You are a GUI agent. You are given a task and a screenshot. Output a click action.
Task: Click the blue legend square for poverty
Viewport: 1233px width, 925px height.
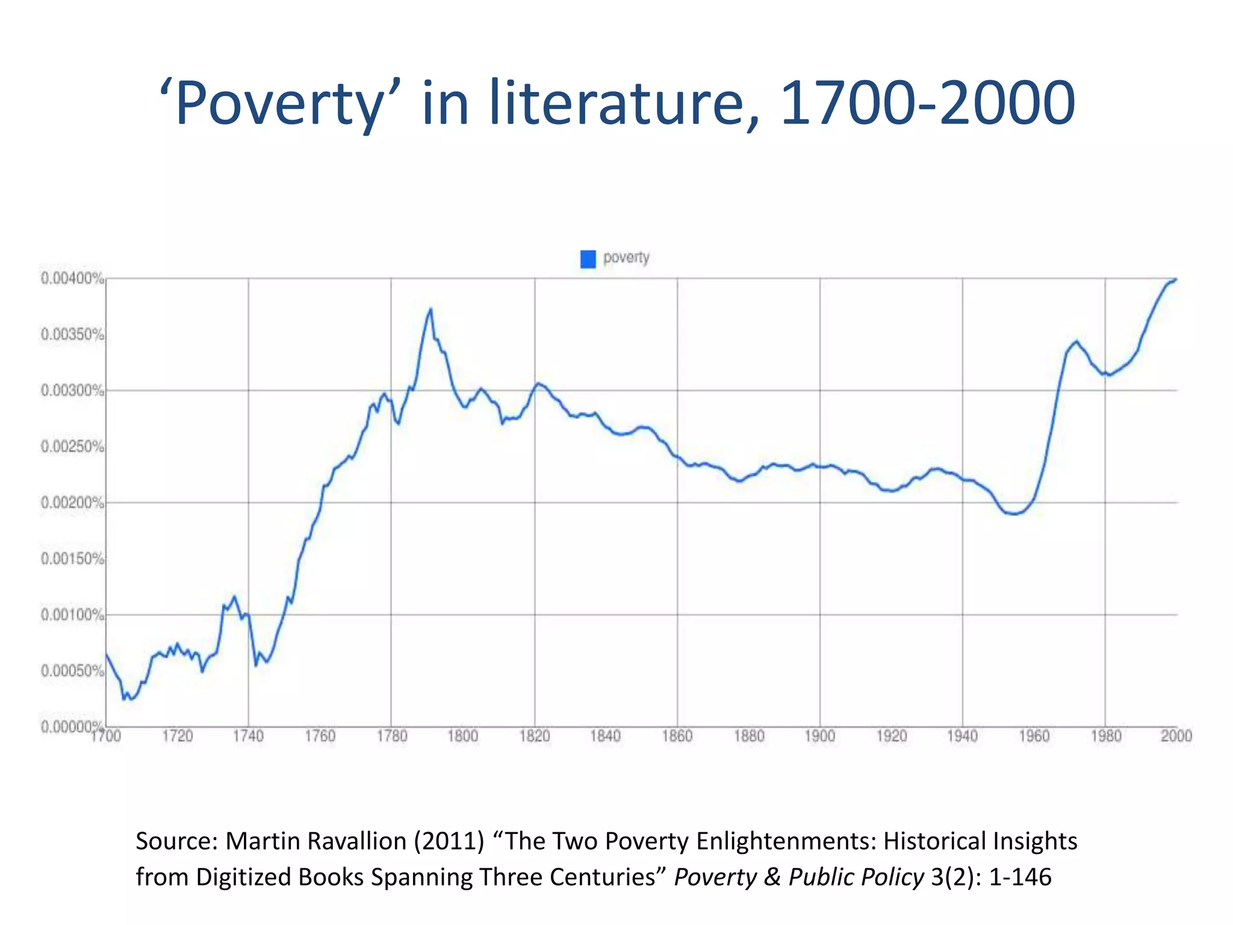click(588, 259)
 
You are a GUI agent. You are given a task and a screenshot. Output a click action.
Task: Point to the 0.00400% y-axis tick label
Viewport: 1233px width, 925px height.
click(72, 278)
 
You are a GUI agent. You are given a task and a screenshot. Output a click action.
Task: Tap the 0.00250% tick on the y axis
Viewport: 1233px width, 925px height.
click(72, 447)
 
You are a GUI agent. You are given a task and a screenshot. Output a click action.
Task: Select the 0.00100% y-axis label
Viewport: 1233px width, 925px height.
click(72, 615)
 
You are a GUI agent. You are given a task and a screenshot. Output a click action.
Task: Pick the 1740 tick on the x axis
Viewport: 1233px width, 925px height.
click(248, 736)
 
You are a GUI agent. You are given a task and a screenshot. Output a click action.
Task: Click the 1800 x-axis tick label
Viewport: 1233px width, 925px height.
click(462, 736)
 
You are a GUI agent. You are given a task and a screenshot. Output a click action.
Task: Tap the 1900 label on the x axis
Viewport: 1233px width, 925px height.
click(819, 736)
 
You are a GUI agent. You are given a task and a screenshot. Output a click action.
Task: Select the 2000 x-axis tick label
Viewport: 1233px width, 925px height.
click(1176, 736)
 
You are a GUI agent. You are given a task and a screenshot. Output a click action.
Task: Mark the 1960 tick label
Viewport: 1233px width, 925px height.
click(1034, 736)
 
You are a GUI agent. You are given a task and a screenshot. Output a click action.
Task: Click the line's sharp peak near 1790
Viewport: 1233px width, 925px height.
click(430, 310)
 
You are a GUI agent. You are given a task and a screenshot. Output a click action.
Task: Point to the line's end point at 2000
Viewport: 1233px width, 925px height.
click(1176, 279)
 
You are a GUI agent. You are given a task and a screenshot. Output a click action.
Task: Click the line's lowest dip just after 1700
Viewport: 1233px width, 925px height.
click(124, 699)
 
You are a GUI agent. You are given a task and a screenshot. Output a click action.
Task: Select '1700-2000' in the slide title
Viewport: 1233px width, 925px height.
click(927, 104)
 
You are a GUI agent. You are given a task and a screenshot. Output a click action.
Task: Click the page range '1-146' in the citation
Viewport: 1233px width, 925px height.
click(1020, 877)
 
